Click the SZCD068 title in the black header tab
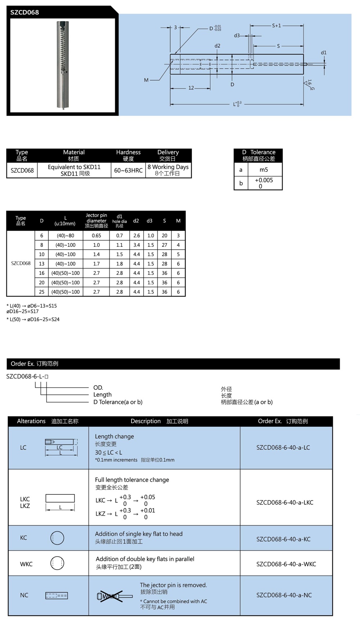tap(24, 12)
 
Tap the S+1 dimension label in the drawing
tap(276, 26)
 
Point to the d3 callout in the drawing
tap(237, 36)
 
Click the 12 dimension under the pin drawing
tap(191, 88)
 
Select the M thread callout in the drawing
tap(146, 80)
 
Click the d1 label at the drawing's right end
tap(324, 53)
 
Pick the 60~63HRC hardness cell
tap(128, 171)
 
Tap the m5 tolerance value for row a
tap(264, 170)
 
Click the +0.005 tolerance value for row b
tap(264, 180)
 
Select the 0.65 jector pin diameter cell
tap(96, 236)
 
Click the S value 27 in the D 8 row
tap(165, 245)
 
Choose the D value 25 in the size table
tap(42, 292)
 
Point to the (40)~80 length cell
tap(65, 236)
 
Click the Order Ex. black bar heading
tap(35, 364)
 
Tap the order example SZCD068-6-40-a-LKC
tap(285, 502)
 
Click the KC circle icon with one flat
tap(57, 538)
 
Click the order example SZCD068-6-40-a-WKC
tap(286, 564)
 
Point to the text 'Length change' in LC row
tap(114, 436)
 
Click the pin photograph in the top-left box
tap(63, 65)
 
